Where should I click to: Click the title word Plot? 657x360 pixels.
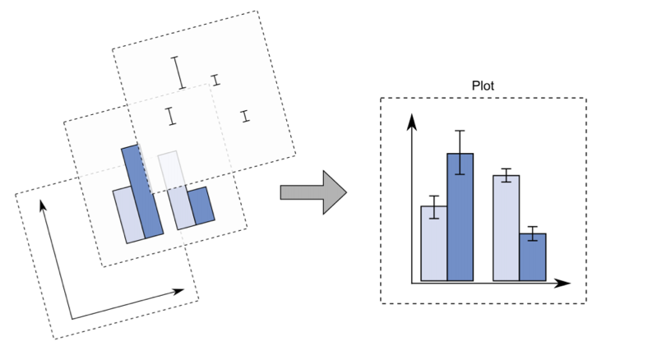pos(483,85)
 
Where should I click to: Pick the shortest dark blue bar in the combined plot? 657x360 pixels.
pos(533,256)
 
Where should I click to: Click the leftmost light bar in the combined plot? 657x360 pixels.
pos(433,242)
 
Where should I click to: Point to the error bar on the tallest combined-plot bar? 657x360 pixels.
pos(460,152)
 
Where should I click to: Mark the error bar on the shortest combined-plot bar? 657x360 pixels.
pos(533,233)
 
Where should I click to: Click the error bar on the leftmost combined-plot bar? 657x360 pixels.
pos(433,206)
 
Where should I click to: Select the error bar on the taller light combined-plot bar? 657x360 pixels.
pos(506,175)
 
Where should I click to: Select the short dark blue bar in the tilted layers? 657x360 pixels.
pos(201,205)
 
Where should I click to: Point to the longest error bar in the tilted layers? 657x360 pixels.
pos(178,72)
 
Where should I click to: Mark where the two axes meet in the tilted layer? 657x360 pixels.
pos(72,319)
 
